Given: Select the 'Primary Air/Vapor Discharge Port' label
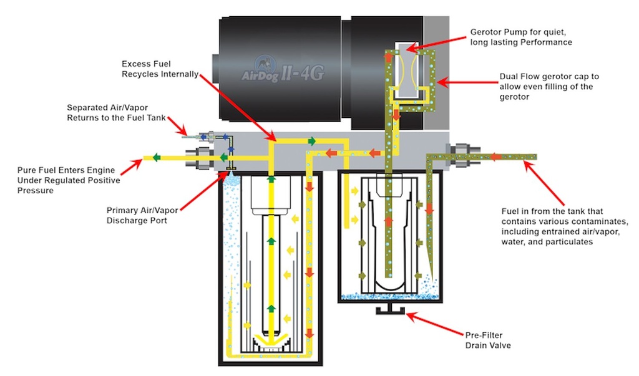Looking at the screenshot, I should pyautogui.click(x=136, y=215).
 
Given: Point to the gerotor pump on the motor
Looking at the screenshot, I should pyautogui.click(x=408, y=69).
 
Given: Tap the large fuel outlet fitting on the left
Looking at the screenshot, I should pyautogui.click(x=203, y=157).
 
